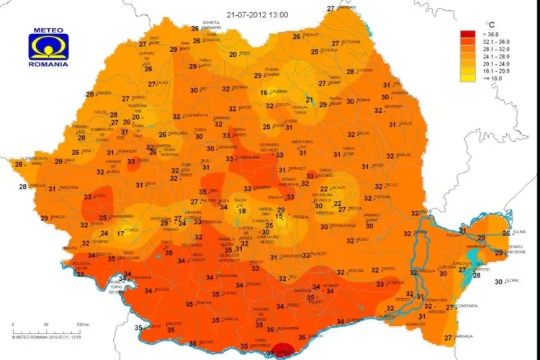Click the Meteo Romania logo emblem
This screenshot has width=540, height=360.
[47, 48]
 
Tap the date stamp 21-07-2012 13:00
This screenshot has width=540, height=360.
[258, 14]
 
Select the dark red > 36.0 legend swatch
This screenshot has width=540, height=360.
[468, 35]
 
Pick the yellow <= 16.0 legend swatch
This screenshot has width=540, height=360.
[468, 78]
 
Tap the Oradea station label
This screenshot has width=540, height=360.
[104, 93]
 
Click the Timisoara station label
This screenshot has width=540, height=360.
[69, 188]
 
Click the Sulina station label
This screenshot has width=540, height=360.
[520, 232]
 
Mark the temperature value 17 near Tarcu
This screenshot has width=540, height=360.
[120, 232]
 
